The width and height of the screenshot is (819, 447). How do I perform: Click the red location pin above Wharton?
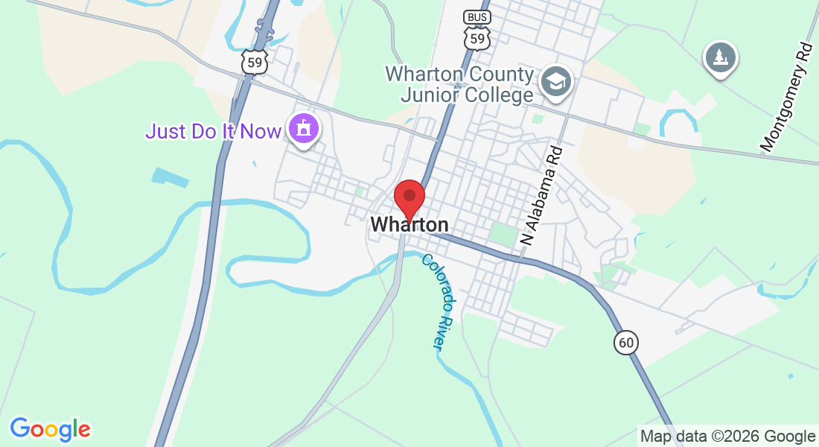(x=409, y=197)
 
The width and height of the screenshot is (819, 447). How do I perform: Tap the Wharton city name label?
(x=409, y=224)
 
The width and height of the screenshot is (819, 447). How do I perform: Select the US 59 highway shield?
(x=255, y=62)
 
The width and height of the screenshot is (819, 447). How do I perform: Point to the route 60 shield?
(x=626, y=342)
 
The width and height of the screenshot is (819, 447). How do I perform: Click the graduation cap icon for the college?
(x=556, y=80)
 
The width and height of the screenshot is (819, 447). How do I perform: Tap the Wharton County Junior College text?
(x=459, y=85)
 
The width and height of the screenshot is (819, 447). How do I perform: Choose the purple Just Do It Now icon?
(x=304, y=130)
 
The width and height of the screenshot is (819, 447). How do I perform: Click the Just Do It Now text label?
(x=213, y=132)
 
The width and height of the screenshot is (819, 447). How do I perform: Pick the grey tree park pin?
(x=720, y=57)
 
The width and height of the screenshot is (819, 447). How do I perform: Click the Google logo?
(x=50, y=429)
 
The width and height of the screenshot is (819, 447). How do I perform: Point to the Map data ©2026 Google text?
(x=727, y=437)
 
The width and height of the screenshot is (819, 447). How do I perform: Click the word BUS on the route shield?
(x=477, y=17)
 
